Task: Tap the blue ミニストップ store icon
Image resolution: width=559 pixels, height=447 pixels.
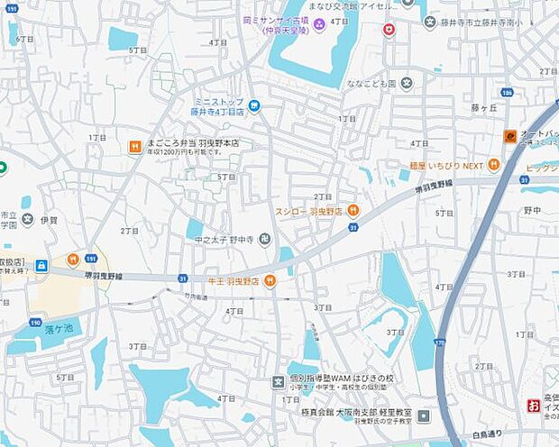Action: tap(254, 106)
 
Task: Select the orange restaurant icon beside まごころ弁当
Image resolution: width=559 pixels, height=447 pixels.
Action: tap(134, 145)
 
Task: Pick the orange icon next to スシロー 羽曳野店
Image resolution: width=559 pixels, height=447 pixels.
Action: tap(353, 210)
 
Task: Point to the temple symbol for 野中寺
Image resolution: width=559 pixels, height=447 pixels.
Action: tap(264, 239)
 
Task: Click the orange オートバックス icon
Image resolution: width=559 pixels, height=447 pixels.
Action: tap(509, 136)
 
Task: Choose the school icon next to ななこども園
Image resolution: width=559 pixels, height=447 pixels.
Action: tap(408, 83)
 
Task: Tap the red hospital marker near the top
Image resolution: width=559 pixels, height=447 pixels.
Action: tap(389, 30)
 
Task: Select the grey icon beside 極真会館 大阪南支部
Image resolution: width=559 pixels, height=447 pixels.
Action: tap(423, 415)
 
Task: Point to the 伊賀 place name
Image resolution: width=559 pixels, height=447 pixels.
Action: tap(48, 219)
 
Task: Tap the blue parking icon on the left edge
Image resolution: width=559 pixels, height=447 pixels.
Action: tap(41, 266)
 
